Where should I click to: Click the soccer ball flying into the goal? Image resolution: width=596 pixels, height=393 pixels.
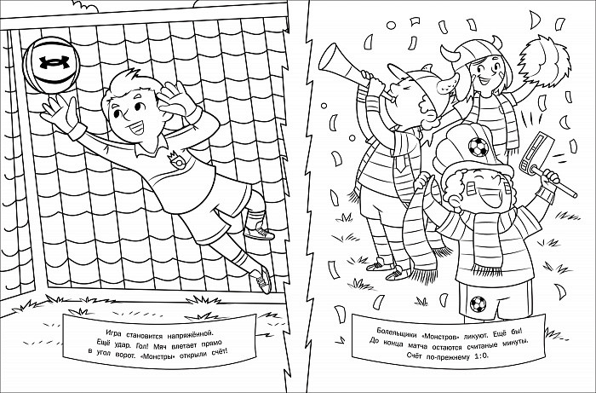pyautogui.click(x=51, y=65)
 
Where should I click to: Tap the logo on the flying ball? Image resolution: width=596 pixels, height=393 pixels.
pyautogui.click(x=54, y=62)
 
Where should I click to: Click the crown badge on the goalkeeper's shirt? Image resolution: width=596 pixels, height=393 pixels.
pyautogui.click(x=175, y=159)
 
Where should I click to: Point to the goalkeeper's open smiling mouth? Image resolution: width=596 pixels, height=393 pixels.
pyautogui.click(x=137, y=128)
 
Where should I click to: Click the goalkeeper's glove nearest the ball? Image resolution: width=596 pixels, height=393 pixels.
pyautogui.click(x=60, y=113)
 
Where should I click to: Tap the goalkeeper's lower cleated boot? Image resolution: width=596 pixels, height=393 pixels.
pyautogui.click(x=261, y=280)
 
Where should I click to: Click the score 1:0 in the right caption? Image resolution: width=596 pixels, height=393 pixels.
pyautogui.click(x=481, y=356)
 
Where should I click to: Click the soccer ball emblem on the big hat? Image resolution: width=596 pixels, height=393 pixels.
pyautogui.click(x=478, y=147)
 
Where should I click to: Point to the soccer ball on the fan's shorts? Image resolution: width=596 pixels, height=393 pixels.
pyautogui.click(x=478, y=304)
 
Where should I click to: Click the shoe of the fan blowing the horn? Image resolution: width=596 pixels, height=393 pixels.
pyautogui.click(x=398, y=273)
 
